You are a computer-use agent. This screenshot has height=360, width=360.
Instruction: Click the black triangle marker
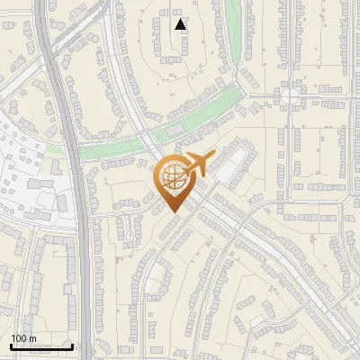tap(181, 24)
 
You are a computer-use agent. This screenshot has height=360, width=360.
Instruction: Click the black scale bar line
tap(41, 346)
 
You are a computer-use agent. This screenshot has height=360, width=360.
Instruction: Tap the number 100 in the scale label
tap(19, 338)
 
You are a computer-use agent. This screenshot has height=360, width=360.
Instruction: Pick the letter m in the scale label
tap(33, 338)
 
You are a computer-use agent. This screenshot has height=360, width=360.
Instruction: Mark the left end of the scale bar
tap(11, 346)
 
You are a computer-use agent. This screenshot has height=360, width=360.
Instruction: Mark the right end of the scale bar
tap(72, 346)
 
